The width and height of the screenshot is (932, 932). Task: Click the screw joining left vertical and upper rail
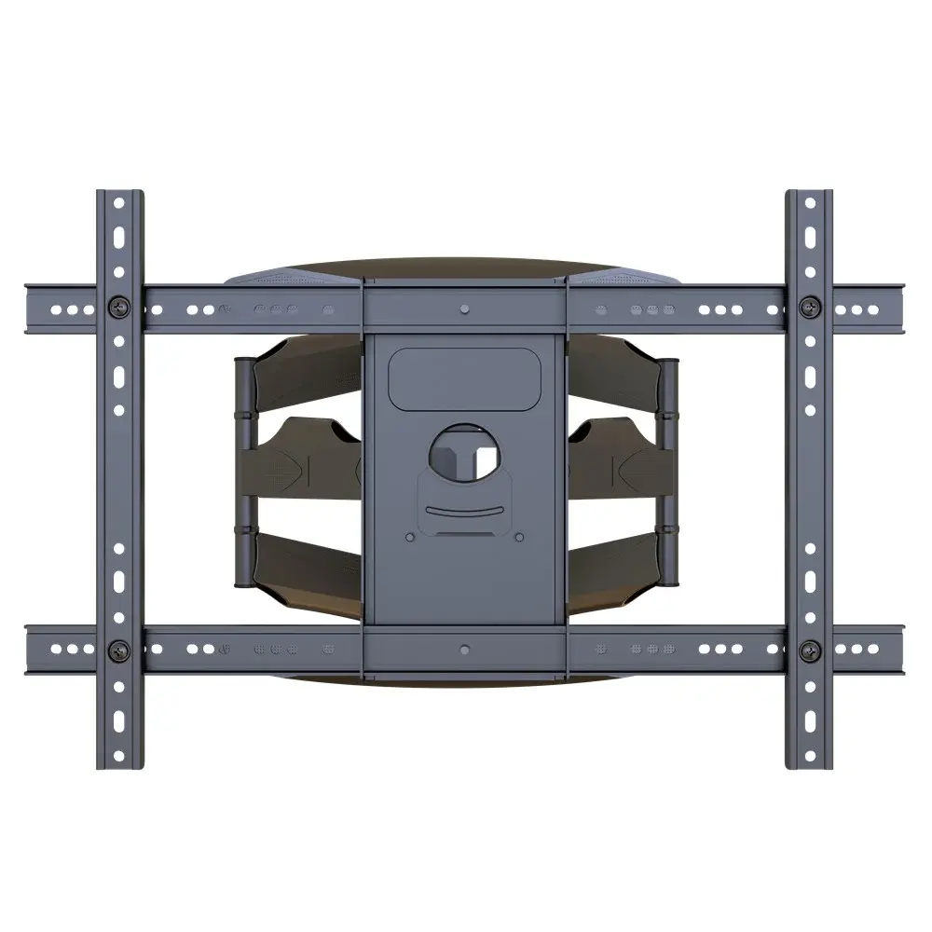pyautogui.click(x=119, y=307)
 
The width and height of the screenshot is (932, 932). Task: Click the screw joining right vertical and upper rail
pyautogui.click(x=811, y=307)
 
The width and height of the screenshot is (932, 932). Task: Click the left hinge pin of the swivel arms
pyautogui.click(x=242, y=475)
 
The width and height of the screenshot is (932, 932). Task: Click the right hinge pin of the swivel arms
pyautogui.click(x=669, y=475)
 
